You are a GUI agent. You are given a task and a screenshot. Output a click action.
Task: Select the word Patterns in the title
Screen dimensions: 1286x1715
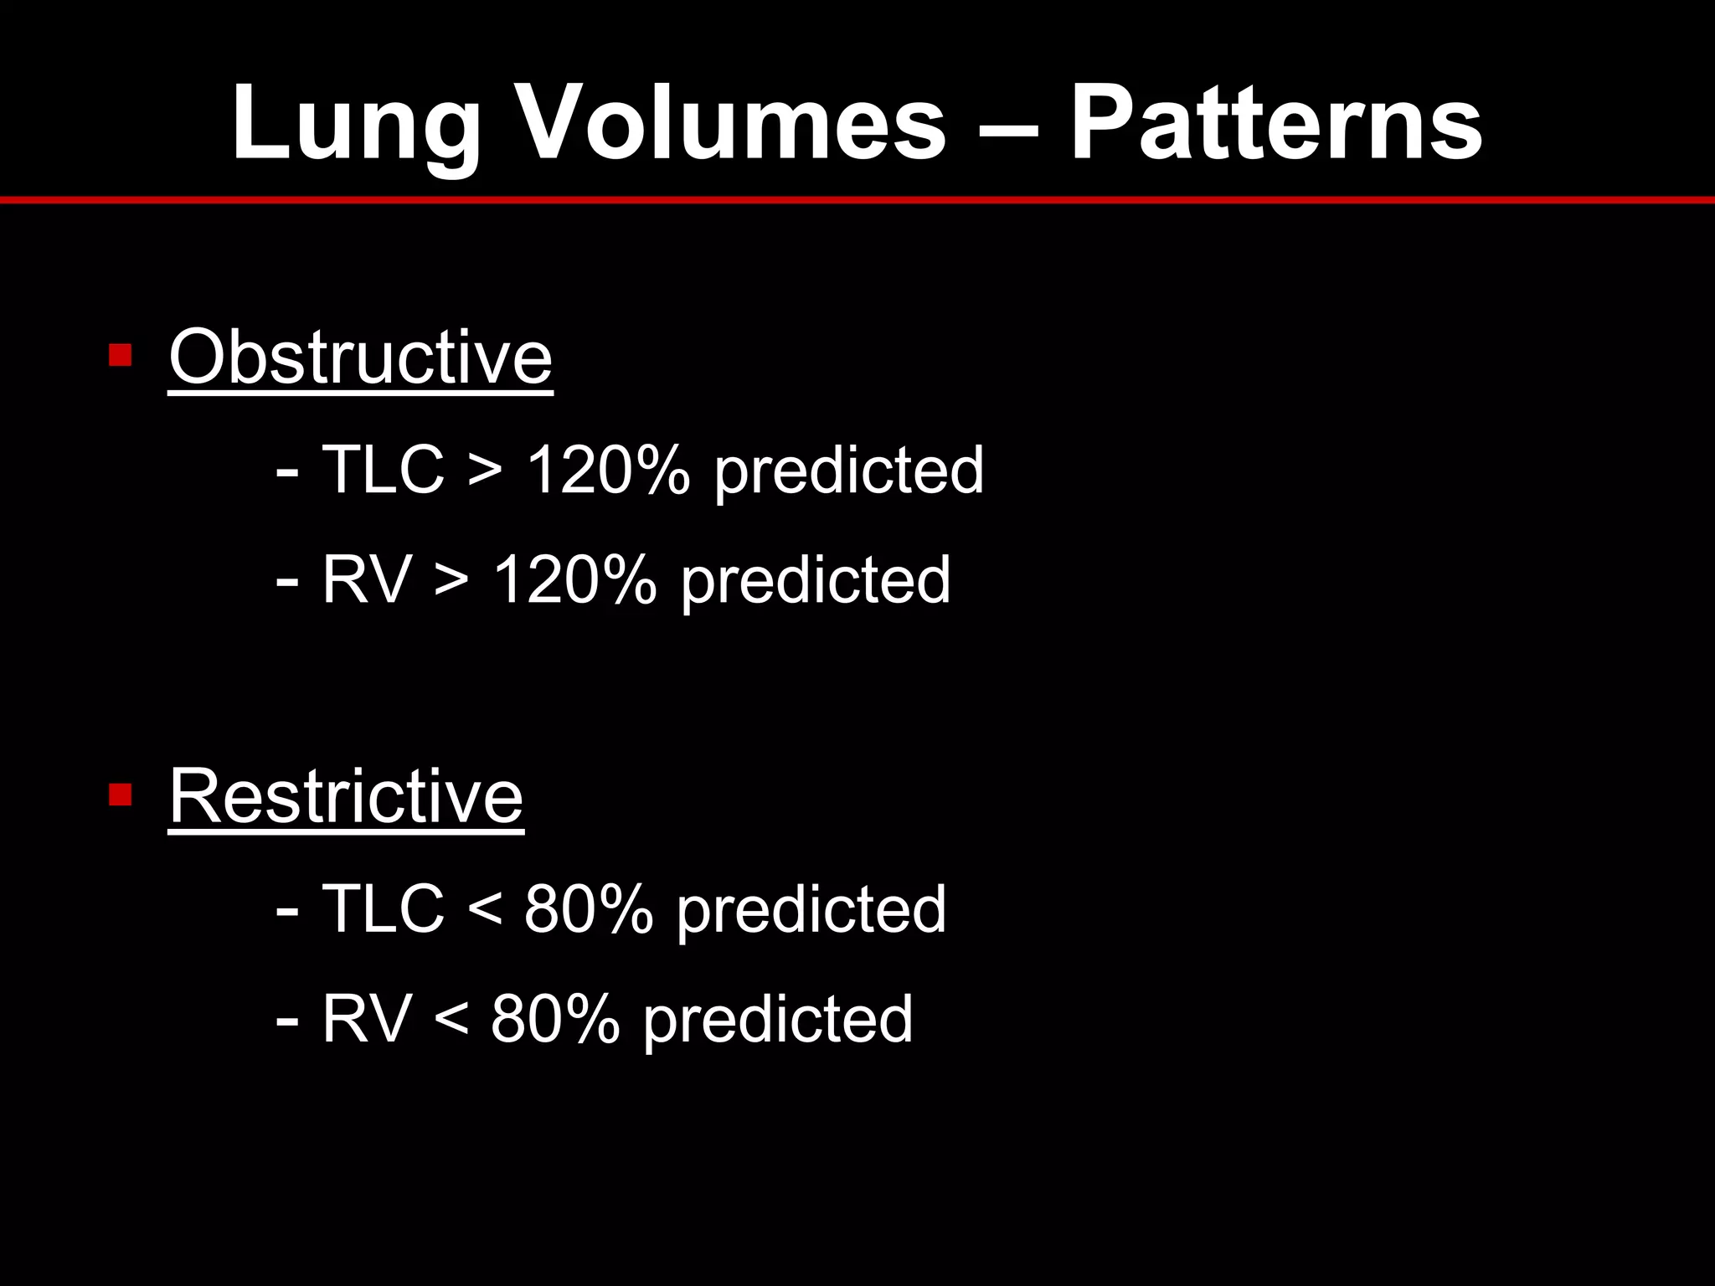[x=1276, y=123]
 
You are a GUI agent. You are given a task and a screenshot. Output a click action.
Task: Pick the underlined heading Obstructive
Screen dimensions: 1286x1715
[x=360, y=358]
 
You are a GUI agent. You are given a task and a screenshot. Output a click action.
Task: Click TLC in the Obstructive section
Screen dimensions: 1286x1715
[x=383, y=470]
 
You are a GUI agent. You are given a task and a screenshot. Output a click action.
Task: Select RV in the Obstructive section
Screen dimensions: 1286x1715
[x=366, y=579]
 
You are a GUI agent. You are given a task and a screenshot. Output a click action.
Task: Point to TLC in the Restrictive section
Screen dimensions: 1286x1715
[x=383, y=908]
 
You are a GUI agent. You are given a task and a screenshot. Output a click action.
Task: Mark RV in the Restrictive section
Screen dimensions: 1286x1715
[x=366, y=1019]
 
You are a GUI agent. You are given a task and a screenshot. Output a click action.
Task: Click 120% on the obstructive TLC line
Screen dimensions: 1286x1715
[x=607, y=470]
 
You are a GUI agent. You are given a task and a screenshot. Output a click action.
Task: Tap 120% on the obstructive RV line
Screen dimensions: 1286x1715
[x=574, y=579]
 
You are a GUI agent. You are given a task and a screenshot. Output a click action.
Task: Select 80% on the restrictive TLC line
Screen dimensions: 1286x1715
[x=588, y=908]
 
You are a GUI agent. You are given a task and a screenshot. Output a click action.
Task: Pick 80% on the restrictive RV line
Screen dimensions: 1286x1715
[x=555, y=1019]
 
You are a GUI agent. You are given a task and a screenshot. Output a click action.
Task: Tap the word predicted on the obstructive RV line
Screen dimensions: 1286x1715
[x=816, y=581]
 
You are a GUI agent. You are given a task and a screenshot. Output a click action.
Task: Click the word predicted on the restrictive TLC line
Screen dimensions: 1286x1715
[x=811, y=910]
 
